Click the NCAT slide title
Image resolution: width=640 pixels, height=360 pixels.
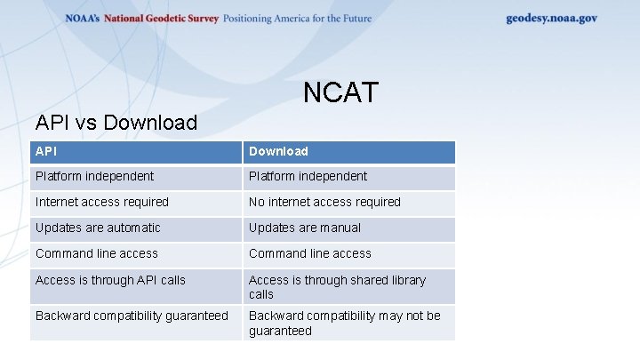340,92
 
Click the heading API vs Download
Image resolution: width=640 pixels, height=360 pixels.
116,123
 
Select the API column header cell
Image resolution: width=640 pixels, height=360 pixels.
136,151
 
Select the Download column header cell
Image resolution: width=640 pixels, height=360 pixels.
348,151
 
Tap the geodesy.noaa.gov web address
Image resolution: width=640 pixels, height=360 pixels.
551,19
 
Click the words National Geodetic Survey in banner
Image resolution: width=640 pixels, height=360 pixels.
161,19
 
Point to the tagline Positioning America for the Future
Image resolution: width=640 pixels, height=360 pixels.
297,19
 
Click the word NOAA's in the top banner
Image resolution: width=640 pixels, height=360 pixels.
83,19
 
